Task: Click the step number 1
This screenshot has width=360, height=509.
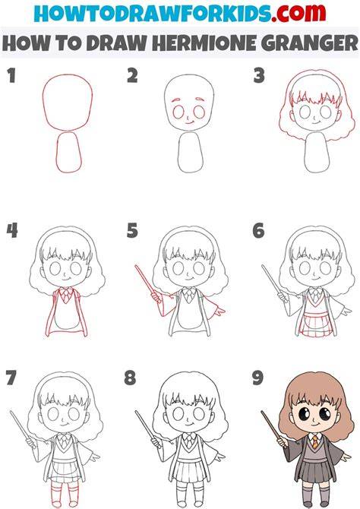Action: click(x=11, y=75)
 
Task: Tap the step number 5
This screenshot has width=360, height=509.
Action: click(x=132, y=230)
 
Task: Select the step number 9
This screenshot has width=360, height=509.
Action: click(x=258, y=378)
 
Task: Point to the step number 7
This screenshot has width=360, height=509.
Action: click(x=11, y=378)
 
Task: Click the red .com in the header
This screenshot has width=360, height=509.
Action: click(x=298, y=14)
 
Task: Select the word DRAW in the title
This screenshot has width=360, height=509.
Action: click(x=116, y=43)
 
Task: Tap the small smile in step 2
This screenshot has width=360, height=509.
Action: click(x=189, y=123)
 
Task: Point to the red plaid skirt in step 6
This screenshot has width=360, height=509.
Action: click(x=315, y=324)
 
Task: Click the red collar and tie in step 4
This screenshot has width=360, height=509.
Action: click(x=66, y=295)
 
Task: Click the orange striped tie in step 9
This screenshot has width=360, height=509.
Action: click(x=315, y=442)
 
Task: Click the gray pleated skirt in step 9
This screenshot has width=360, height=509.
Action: click(x=315, y=473)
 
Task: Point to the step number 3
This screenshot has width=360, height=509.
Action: click(x=259, y=75)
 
